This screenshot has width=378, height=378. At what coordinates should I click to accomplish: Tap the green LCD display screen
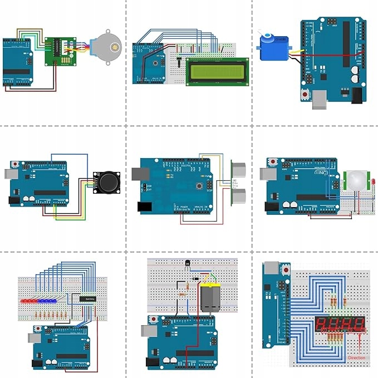(217, 71)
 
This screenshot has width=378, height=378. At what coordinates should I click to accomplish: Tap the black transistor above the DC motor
(187, 266)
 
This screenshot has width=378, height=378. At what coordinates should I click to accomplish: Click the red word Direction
(357, 357)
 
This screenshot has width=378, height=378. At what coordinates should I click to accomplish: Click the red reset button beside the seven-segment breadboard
(286, 271)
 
